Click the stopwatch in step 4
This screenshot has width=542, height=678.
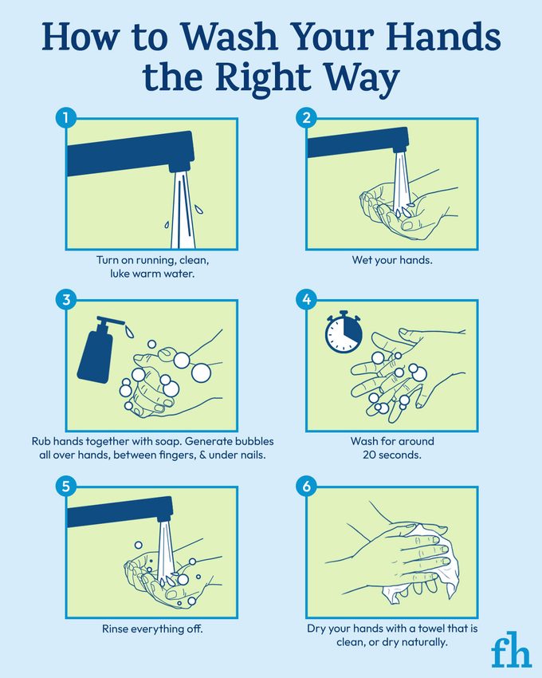pyautogui.click(x=343, y=332)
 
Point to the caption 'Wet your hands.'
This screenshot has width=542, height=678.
pyautogui.click(x=392, y=260)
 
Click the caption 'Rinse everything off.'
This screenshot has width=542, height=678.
pyautogui.click(x=152, y=629)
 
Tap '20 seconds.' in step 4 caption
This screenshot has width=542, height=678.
pyautogui.click(x=392, y=455)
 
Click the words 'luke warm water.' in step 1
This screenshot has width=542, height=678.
pyautogui.click(x=152, y=274)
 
